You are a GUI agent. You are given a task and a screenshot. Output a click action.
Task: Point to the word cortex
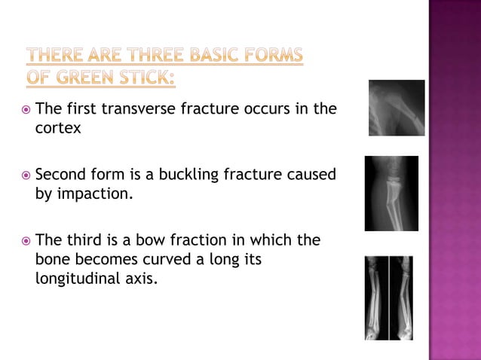[58, 128]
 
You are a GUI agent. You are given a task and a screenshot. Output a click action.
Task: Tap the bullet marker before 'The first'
[26, 109]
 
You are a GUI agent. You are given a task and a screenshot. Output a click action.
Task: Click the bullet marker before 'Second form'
[26, 175]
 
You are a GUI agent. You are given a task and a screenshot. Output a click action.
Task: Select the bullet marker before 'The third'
[26, 241]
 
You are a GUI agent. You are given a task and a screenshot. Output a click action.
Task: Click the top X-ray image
[396, 108]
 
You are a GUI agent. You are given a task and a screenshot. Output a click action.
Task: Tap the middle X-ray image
[391, 193]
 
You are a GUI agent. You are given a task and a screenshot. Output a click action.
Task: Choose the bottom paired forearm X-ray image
[389, 297]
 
